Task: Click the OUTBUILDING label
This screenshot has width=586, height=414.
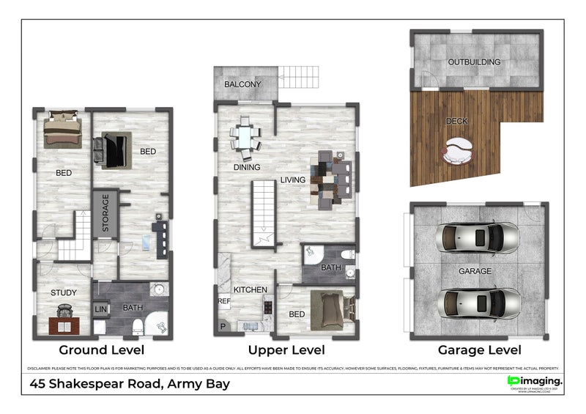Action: (474, 62)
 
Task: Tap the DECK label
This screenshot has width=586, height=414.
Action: (456, 121)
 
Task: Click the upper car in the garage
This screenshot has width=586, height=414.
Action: (478, 237)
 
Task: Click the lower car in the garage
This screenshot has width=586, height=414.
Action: (478, 303)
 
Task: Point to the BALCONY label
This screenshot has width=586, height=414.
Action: (242, 84)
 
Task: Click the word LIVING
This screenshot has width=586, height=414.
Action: (292, 180)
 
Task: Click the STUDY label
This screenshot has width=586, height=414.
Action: (63, 293)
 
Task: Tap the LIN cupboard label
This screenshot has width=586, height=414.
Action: (100, 310)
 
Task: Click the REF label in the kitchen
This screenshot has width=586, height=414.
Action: (223, 300)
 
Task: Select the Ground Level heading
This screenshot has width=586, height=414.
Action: (102, 350)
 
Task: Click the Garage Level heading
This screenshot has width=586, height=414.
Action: (479, 350)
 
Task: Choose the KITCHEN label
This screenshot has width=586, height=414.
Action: (250, 290)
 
